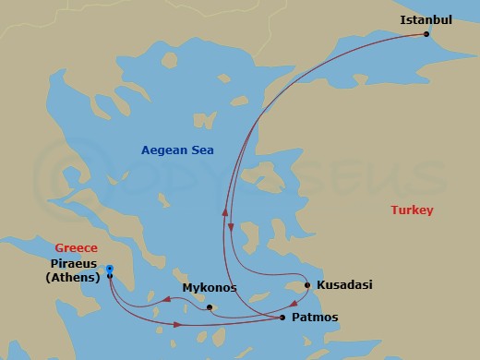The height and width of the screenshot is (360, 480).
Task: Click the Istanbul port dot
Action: (426, 34)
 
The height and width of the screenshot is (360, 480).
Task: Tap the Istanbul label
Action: (426, 18)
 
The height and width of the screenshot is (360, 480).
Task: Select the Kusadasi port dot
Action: (307, 285)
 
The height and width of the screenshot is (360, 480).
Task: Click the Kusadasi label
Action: (343, 285)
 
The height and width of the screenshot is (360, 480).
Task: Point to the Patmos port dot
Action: (282, 318)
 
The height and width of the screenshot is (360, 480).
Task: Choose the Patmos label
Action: (314, 318)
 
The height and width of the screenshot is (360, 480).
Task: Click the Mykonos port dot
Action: (210, 307)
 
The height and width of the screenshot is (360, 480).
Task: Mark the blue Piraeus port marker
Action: (109, 269)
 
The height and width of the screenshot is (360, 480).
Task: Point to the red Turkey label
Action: (412, 210)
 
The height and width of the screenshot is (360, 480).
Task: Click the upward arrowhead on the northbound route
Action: (224, 210)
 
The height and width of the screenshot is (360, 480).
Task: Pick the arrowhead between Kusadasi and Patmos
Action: (294, 303)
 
